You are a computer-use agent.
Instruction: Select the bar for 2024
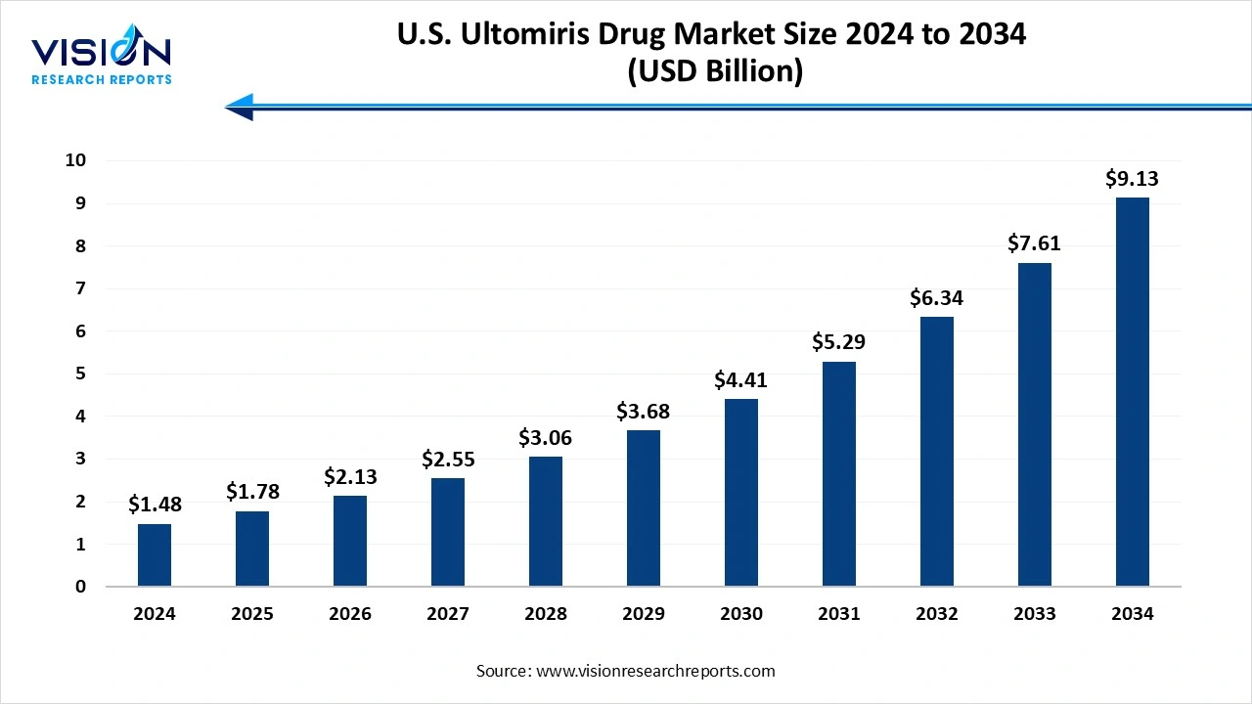(x=155, y=555)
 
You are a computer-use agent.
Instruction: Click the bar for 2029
(x=644, y=508)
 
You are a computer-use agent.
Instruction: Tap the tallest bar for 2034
(x=1133, y=392)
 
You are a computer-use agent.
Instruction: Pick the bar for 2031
(x=839, y=474)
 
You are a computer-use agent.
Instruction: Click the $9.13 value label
(x=1133, y=179)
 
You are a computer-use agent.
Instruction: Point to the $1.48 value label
(x=155, y=505)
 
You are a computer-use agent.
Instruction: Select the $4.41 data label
(x=741, y=379)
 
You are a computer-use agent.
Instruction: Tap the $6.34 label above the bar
(x=937, y=297)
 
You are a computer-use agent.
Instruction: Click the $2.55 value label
(x=448, y=459)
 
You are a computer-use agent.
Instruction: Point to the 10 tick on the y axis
(x=76, y=160)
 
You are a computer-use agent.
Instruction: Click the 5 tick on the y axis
(x=81, y=374)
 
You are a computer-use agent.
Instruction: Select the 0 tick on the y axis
(x=81, y=587)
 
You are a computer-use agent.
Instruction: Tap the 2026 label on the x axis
(x=350, y=614)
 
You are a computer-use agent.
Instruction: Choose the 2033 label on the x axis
(x=1035, y=614)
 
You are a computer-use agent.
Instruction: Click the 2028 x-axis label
(x=546, y=614)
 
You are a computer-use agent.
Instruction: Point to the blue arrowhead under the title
(x=241, y=107)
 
